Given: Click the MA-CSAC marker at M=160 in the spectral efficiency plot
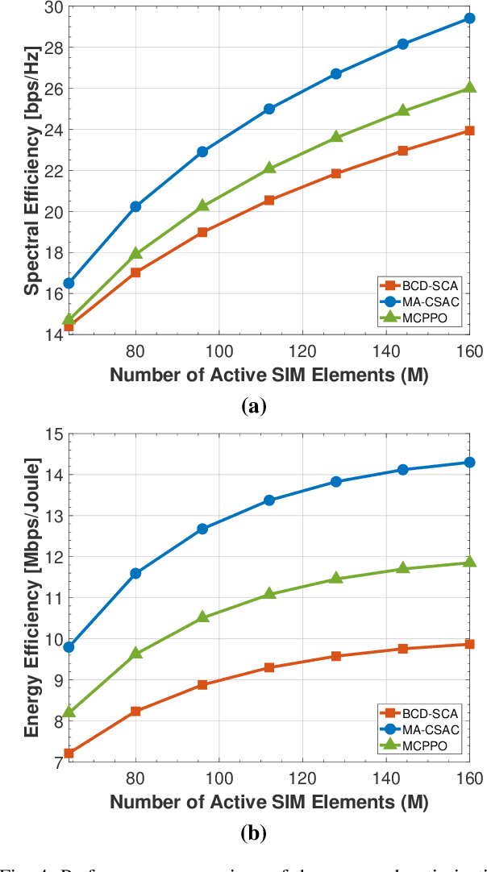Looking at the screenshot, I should pyautogui.click(x=469, y=19).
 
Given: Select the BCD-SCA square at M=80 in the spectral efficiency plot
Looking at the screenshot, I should pyautogui.click(x=135, y=272).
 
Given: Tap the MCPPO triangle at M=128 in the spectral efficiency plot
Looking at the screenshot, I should pyautogui.click(x=336, y=137).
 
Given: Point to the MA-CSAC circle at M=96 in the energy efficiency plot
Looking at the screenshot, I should pyautogui.click(x=202, y=529).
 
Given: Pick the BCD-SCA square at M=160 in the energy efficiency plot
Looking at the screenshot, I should pyautogui.click(x=469, y=644).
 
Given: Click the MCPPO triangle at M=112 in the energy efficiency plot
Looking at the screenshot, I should pyautogui.click(x=269, y=594).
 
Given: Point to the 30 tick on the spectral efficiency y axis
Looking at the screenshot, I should pyautogui.click(x=52, y=6).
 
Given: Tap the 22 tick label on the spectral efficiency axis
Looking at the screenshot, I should pyautogui.click(x=52, y=171).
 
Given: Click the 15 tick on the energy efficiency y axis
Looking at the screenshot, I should pyautogui.click(x=52, y=434).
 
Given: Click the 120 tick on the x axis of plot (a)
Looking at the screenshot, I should pyautogui.click(x=302, y=351).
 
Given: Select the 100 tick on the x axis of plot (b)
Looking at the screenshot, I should pyautogui.click(x=219, y=779).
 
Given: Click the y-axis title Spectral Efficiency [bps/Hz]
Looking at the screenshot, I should pyautogui.click(x=31, y=170).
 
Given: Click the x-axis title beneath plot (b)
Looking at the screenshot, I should pyautogui.click(x=268, y=803).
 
